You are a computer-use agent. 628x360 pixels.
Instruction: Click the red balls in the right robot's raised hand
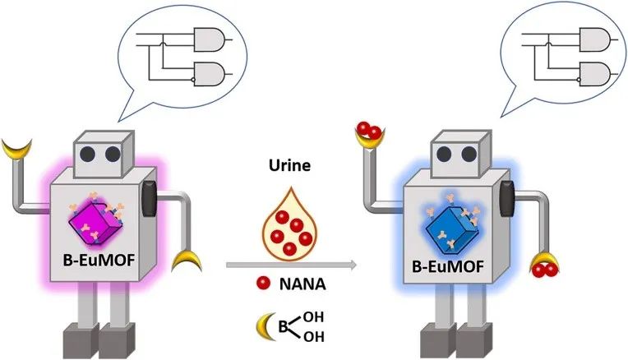[369, 131]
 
